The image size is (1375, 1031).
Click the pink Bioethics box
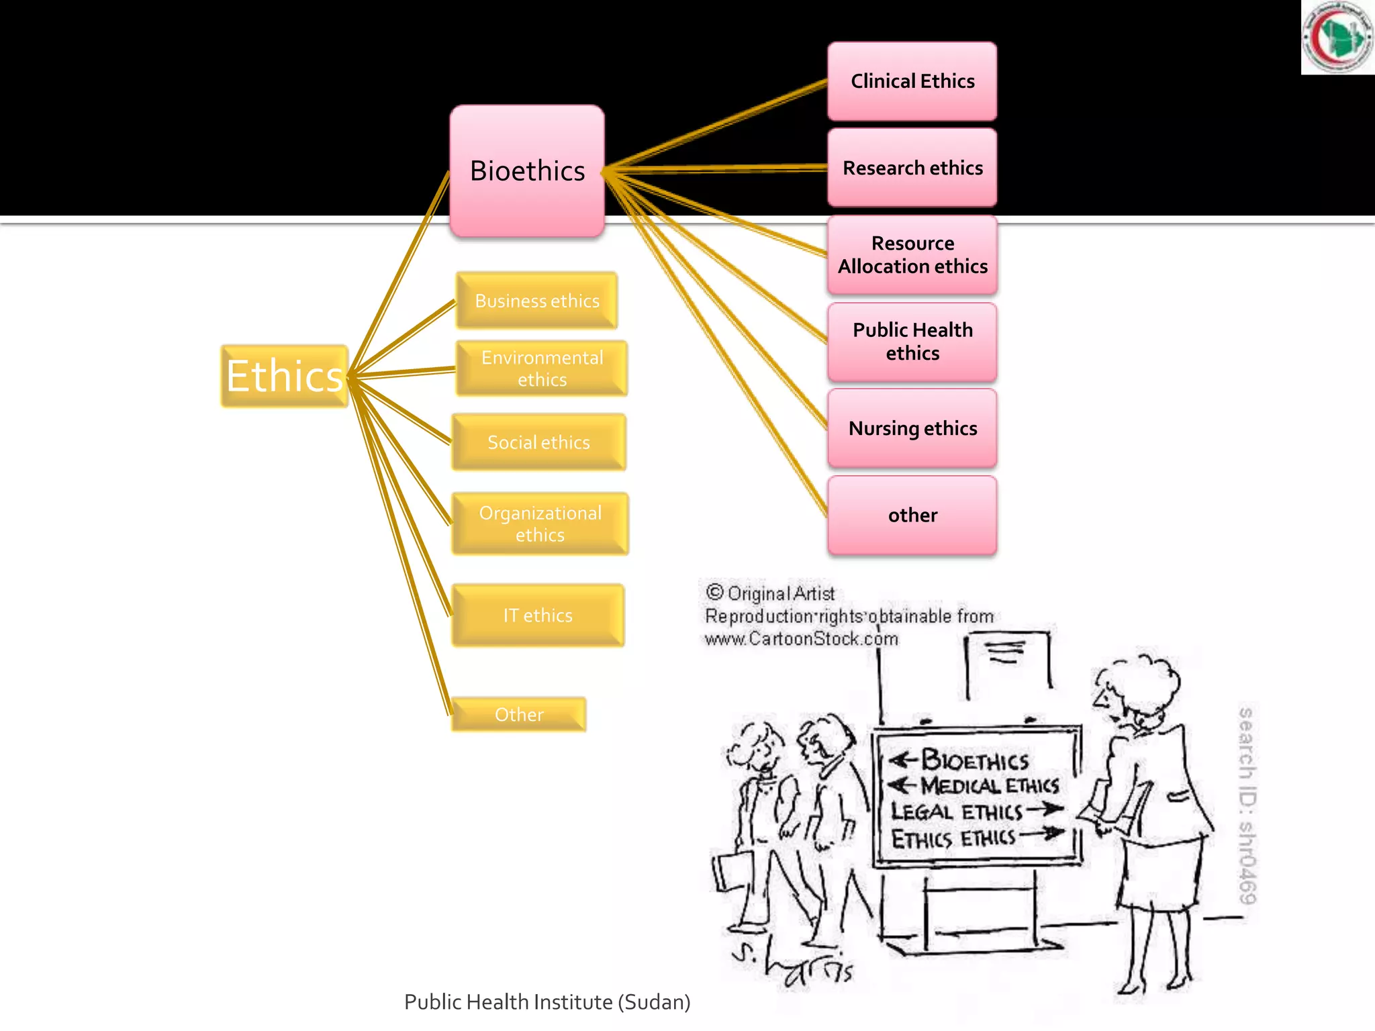click(527, 170)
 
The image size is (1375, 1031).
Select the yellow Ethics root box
click(285, 376)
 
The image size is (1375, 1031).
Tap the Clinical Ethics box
click(912, 81)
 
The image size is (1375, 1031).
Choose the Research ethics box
click(912, 168)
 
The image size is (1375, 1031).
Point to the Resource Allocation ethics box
click(912, 255)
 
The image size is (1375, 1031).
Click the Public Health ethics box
click(912, 342)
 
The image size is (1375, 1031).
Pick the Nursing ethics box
click(912, 428)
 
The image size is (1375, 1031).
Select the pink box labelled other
click(912, 515)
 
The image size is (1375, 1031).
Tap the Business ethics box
click(536, 301)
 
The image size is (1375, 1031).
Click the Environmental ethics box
click(541, 369)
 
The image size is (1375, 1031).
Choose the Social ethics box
click(538, 442)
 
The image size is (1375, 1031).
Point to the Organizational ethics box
click(540, 524)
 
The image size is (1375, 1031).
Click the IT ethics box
click(538, 616)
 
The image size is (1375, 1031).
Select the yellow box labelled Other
click(518, 714)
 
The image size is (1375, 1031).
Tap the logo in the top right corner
click(1337, 37)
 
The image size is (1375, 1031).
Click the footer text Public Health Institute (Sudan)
click(547, 1002)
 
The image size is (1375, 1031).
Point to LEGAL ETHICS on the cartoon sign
click(956, 812)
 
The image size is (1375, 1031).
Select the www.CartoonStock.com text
click(801, 638)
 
